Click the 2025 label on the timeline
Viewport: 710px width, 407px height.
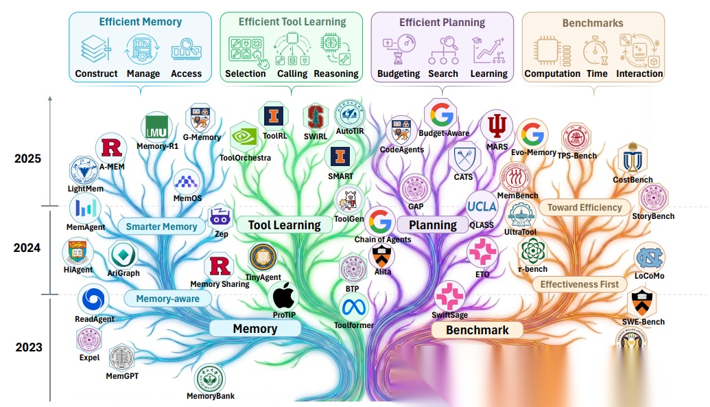click(x=27, y=159)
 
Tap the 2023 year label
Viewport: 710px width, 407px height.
click(x=27, y=347)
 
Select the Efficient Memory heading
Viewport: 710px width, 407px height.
click(x=140, y=22)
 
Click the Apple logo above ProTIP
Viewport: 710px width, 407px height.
click(x=284, y=296)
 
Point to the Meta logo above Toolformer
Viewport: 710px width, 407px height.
click(x=354, y=307)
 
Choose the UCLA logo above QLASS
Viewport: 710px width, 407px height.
click(x=482, y=207)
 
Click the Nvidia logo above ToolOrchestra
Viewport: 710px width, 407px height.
click(x=244, y=137)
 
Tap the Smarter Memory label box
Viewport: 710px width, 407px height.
click(x=161, y=226)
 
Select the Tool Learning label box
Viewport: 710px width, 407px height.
click(x=284, y=224)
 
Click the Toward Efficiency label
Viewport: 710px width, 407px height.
click(x=584, y=207)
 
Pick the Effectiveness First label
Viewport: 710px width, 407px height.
click(x=579, y=284)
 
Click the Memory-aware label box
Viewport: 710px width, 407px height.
click(x=167, y=299)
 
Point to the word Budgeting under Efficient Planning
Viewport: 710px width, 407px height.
click(x=399, y=73)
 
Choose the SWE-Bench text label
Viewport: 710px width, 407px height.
click(x=643, y=322)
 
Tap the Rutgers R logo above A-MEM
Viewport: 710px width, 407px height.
click(x=111, y=148)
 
